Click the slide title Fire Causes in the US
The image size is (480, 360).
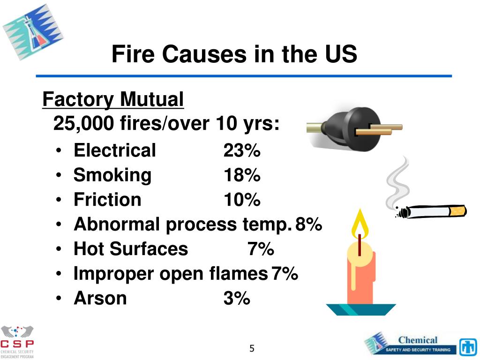point(234,55)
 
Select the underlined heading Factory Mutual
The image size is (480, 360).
point(113,100)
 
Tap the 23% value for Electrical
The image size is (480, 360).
point(242,151)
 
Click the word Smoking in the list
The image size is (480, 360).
point(112,175)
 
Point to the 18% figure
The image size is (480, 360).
point(242,176)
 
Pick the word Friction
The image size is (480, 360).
point(107,200)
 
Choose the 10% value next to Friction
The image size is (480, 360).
point(242,200)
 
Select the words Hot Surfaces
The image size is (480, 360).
point(131,249)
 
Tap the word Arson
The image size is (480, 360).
point(100,298)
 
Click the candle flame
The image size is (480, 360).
point(360,225)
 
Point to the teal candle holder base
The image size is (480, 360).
point(361,309)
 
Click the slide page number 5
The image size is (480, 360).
point(252,348)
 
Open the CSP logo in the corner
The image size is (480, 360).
point(17,341)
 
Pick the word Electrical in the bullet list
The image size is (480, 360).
point(115,151)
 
